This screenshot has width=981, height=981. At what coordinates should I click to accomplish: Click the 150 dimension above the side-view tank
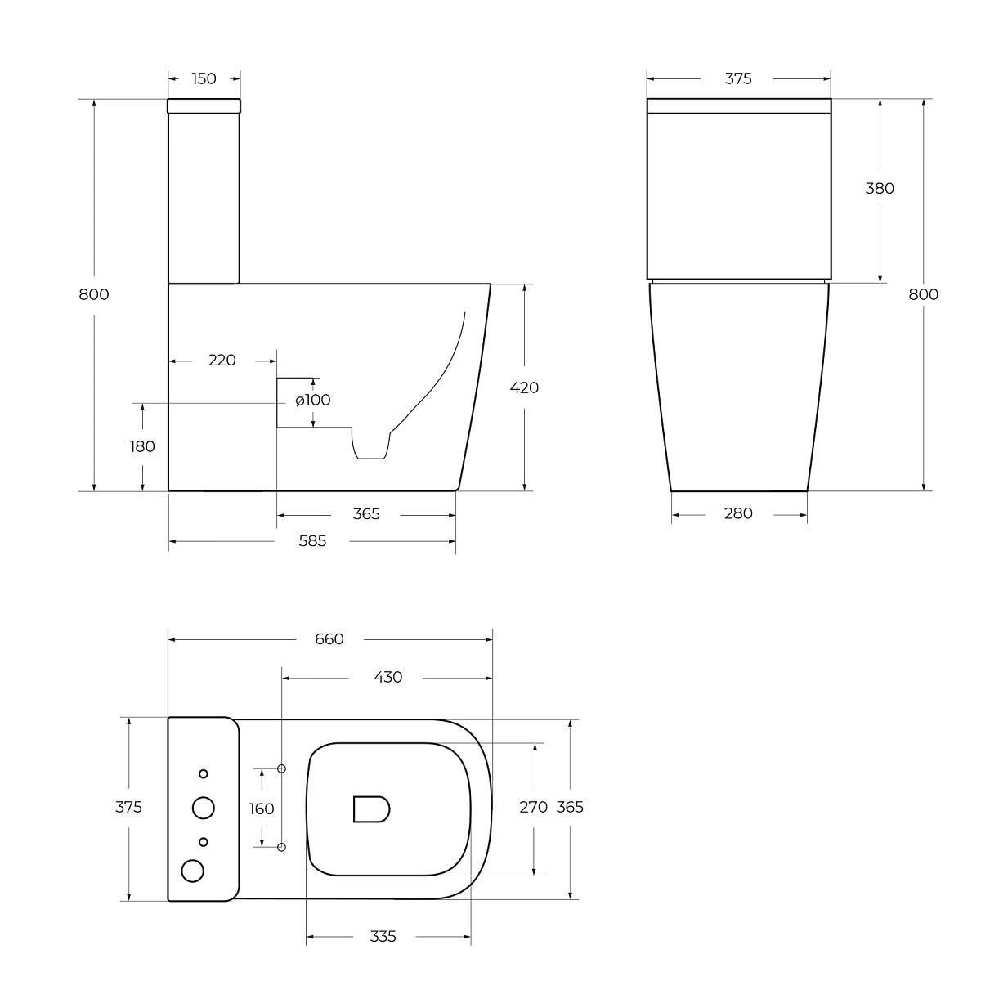tap(204, 79)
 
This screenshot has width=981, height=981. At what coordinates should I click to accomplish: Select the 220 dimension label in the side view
tap(222, 361)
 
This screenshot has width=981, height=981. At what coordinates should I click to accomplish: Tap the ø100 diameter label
tap(312, 400)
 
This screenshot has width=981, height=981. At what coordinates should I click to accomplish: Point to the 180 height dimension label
tap(142, 446)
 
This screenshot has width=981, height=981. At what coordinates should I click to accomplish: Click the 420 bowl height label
tap(524, 388)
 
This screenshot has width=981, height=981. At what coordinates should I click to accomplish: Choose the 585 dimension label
tap(312, 541)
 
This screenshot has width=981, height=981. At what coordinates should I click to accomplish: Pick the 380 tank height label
tap(880, 188)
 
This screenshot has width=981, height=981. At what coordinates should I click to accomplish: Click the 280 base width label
tap(738, 513)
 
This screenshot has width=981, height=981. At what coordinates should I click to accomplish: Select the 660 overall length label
tap(329, 639)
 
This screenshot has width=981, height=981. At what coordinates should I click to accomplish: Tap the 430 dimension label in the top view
tap(388, 677)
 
